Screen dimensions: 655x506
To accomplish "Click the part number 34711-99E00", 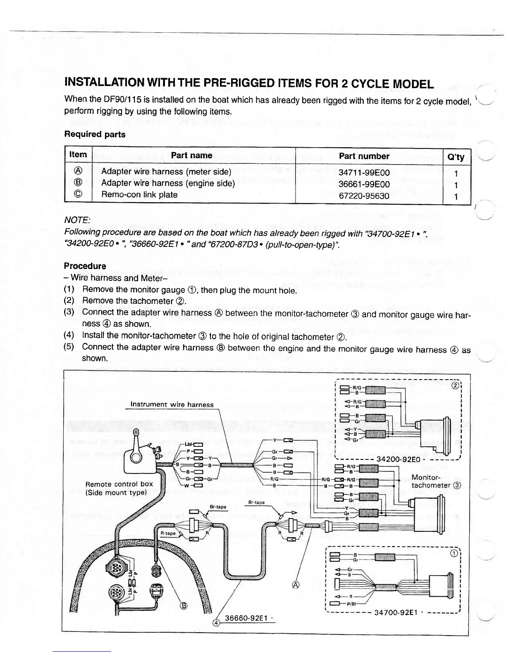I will [x=364, y=172].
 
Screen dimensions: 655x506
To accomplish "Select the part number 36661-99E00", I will [x=364, y=184].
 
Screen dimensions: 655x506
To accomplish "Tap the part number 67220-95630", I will [x=364, y=196].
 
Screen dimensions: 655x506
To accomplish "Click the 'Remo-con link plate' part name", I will [x=139, y=194].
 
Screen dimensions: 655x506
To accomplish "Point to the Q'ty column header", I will [x=456, y=157].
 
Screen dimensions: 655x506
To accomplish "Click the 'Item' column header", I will [x=78, y=155].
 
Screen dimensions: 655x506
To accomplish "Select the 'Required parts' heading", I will [x=95, y=134].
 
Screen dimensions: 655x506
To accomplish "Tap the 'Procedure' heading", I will [x=85, y=266].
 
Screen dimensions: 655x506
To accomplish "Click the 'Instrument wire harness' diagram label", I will [x=172, y=404].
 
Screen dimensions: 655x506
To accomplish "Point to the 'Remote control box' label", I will [x=119, y=484].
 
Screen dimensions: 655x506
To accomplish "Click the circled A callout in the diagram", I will [x=295, y=585].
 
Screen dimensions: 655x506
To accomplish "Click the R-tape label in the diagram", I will [x=168, y=533].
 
